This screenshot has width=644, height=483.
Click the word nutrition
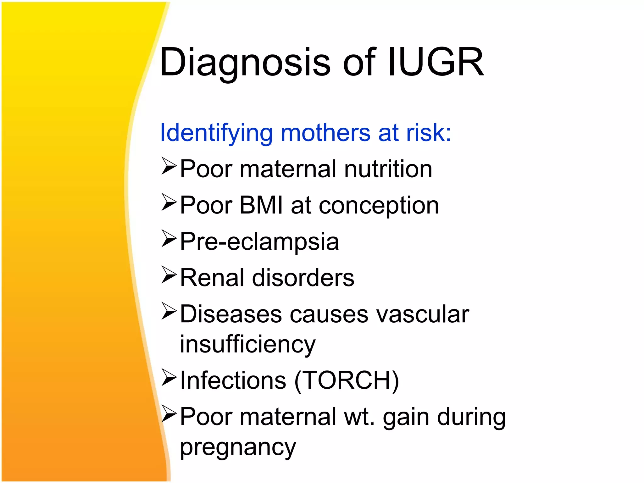pos(388,169)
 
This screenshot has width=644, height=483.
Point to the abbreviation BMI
pos(261,205)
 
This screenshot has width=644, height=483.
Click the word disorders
pos(303,278)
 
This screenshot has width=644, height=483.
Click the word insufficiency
pos(247,345)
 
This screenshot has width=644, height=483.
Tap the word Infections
pos(233,380)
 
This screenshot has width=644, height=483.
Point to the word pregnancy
pos(238,448)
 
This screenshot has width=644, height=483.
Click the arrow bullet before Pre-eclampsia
pos(169,239)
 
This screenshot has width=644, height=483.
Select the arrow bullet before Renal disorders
pos(169,275)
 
